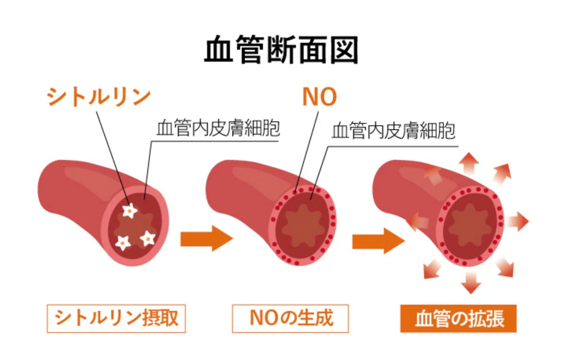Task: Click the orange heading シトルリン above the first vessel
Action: pos(99,97)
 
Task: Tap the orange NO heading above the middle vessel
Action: pos(320,97)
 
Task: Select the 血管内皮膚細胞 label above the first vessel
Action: pos(218,128)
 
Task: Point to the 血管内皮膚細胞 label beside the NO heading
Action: pos(393,131)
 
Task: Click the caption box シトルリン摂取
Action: pos(116,318)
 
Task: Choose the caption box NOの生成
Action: pos(291,318)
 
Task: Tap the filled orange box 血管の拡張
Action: pos(458,318)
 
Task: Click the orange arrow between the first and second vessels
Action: pos(207,238)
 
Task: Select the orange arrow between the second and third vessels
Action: pos(378,241)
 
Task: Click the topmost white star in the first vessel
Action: pos(130,210)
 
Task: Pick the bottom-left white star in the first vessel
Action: pos(123,243)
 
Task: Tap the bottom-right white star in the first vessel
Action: pos(148,238)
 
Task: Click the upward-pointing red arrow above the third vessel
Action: pos(469,164)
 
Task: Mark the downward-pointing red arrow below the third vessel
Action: pos(471,283)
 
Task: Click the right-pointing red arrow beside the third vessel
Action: pos(517,221)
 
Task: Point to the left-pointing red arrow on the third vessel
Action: pos(417,222)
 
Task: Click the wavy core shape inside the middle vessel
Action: pos(303,226)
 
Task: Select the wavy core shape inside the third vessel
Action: pos(470,225)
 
